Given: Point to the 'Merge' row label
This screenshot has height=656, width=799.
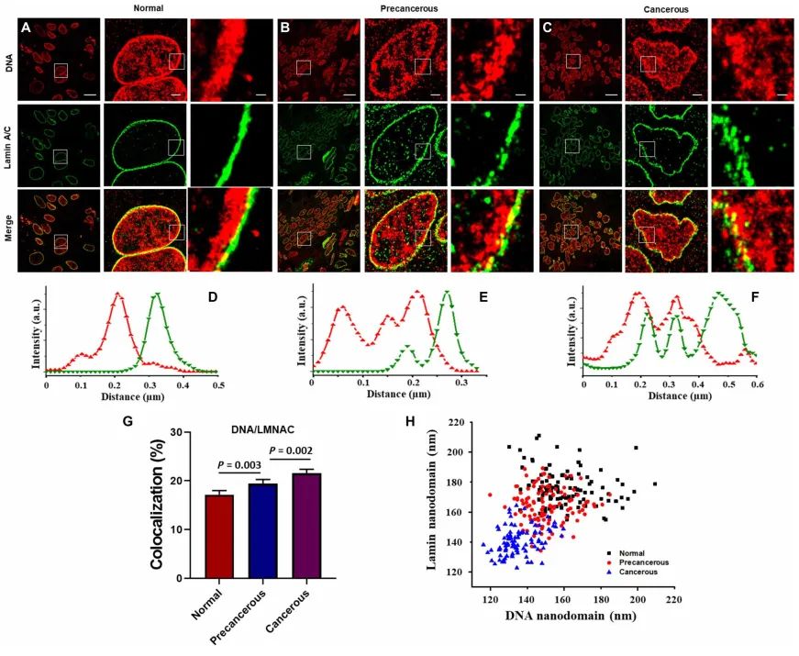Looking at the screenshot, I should pos(9,232).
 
